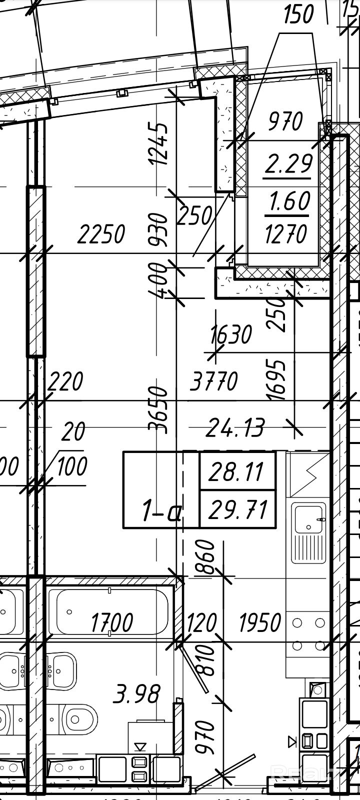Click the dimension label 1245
click(x=159, y=143)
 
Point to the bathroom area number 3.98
click(x=137, y=694)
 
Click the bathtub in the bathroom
click(x=112, y=612)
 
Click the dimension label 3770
click(x=213, y=382)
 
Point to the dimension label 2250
click(x=101, y=234)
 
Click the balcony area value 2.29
click(x=288, y=163)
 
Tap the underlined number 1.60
click(x=289, y=201)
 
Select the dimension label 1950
click(x=260, y=623)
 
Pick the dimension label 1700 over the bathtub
click(x=112, y=623)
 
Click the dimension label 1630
click(x=231, y=334)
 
